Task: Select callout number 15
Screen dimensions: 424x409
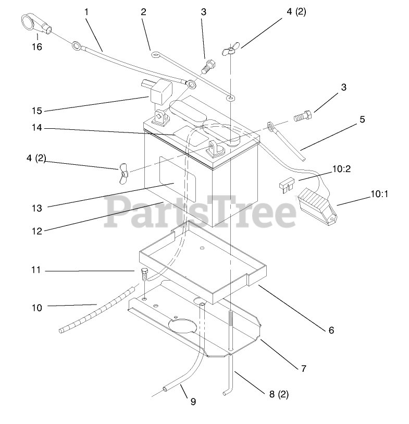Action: pos(36,111)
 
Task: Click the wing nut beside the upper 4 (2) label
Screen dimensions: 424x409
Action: pos(228,51)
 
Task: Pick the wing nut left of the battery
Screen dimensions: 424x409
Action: pos(122,173)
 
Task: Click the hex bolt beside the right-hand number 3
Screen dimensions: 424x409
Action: pos(301,117)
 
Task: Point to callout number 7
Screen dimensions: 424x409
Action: pos(303,369)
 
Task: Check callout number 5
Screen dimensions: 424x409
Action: pos(362,119)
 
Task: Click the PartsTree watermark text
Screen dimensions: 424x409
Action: pos(201,211)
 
